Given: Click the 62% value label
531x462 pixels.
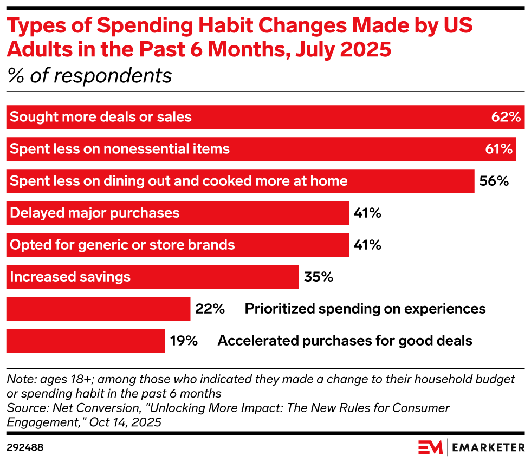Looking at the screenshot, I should click(x=506, y=117).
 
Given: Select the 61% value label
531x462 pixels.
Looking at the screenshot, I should click(x=499, y=149).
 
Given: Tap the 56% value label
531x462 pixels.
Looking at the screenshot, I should click(x=494, y=181).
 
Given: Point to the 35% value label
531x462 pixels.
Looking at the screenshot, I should click(x=318, y=277).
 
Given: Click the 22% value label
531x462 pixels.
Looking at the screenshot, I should click(x=210, y=309).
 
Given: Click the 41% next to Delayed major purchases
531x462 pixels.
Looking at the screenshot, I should click(x=367, y=213).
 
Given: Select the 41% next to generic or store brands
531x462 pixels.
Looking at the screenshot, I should click(x=367, y=245).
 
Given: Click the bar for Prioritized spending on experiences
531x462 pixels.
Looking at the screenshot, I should click(x=98, y=309).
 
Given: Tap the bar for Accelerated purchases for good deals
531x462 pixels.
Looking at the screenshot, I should click(x=86, y=341).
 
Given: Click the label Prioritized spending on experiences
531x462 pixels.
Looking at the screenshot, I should click(x=365, y=309).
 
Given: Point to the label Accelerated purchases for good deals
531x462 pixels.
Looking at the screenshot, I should click(x=345, y=341).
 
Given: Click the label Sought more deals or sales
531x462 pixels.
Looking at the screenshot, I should click(x=101, y=117).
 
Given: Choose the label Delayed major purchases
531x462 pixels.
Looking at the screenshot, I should click(x=95, y=213).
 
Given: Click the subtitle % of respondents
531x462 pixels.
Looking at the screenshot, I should click(x=89, y=76).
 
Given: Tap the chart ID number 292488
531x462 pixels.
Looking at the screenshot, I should click(x=25, y=447).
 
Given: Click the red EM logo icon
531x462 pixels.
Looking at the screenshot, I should click(x=430, y=447).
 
